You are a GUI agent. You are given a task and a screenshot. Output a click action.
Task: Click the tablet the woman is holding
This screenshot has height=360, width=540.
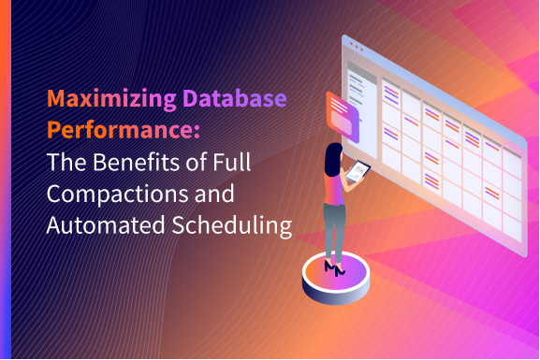pyautogui.click(x=358, y=171)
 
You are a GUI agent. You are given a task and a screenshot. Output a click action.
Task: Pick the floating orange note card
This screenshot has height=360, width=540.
pyautogui.click(x=342, y=114)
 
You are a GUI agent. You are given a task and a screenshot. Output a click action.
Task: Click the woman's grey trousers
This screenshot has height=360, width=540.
pyautogui.click(x=335, y=224)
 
